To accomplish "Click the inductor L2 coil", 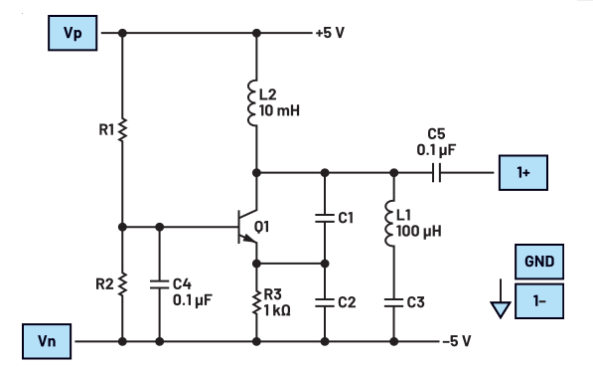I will pyautogui.click(x=256, y=102).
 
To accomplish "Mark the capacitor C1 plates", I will pyautogui.click(x=325, y=216).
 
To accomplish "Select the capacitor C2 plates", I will pyautogui.click(x=325, y=300).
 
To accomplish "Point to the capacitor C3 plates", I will pyautogui.click(x=393, y=300).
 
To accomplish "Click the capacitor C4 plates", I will pyautogui.click(x=159, y=283).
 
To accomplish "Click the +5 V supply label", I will pyautogui.click(x=333, y=32).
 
